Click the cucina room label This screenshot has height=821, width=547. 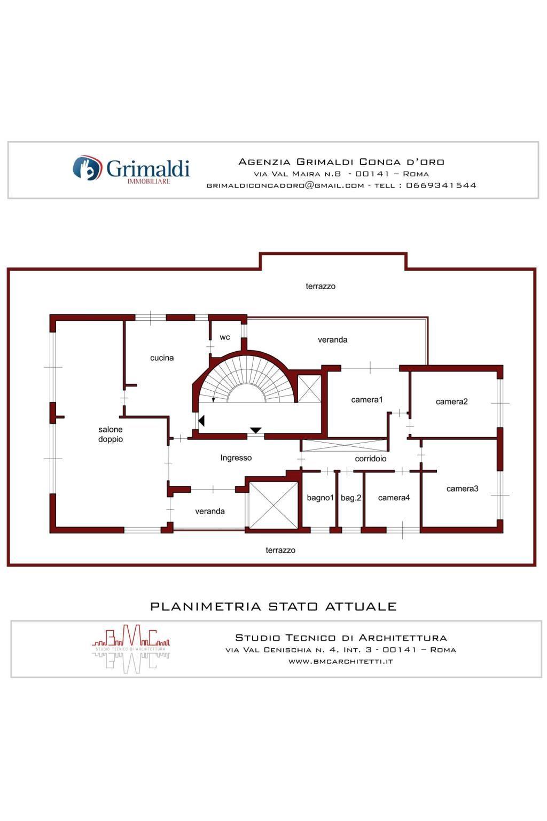[x=161, y=358]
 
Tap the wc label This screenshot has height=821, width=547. [x=224, y=337]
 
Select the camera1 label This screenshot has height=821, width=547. [x=367, y=399]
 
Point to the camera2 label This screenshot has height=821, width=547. [x=451, y=402]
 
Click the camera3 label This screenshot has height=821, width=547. [x=462, y=489]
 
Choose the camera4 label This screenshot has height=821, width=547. [x=394, y=498]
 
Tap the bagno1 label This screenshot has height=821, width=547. [x=320, y=498]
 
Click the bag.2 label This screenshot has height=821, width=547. [x=350, y=498]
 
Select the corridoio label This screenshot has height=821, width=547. [x=370, y=459]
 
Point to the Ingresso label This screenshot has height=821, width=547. [x=236, y=458]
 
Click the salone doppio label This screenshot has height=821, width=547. [x=110, y=435]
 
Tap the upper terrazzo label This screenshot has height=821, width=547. [x=321, y=286]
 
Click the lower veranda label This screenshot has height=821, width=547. [x=209, y=512]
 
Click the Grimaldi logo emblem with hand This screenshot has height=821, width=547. [x=87, y=168]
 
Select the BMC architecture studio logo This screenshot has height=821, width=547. [x=131, y=649]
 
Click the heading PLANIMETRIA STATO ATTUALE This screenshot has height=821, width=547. [x=273, y=607]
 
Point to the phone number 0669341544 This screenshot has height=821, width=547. [x=441, y=185]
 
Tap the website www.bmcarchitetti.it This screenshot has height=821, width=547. [x=341, y=662]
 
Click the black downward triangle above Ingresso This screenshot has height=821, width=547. [x=255, y=430]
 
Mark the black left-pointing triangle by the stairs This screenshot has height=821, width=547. [x=201, y=421]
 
